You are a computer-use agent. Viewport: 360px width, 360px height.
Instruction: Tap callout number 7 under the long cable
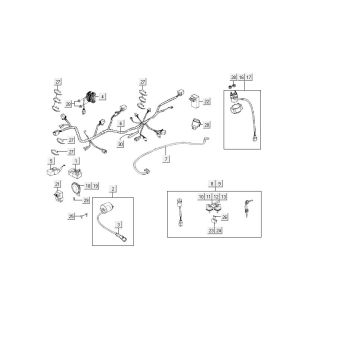[166, 159]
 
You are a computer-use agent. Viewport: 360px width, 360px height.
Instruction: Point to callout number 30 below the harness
[120, 145]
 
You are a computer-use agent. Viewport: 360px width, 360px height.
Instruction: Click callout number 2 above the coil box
[113, 189]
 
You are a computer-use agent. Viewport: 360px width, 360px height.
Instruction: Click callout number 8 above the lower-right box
[212, 184]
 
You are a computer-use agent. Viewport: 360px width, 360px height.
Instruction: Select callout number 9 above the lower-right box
[219, 184]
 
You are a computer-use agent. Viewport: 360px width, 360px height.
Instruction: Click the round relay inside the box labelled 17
[237, 97]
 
